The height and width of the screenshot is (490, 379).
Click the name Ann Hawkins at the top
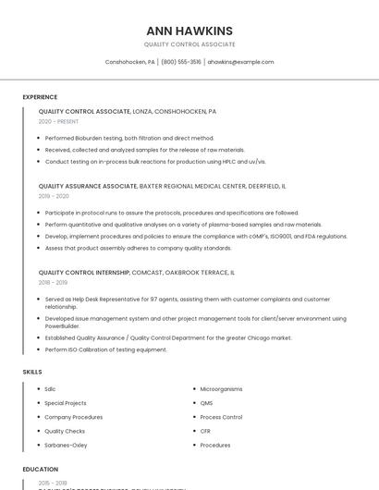pos(189,31)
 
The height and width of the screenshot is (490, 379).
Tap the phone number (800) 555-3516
pos(181,62)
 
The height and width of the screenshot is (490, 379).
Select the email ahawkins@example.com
pos(240,62)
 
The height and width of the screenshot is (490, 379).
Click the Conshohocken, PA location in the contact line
pos(131,62)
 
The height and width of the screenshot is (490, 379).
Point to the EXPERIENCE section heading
pos(40,97)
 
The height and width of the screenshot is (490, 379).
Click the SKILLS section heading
pos(32,372)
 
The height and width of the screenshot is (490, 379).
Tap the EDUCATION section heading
pos(41,470)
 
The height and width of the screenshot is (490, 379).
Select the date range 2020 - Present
pos(58,121)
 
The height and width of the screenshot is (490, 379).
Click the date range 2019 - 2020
pos(54,196)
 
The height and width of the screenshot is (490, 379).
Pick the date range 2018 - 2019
pos(54,283)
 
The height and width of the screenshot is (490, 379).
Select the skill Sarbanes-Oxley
pos(66,445)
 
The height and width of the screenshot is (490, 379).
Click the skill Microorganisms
pos(221,389)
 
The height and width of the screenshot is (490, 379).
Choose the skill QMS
pos(206,403)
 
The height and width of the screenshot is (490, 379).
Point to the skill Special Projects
pos(66,403)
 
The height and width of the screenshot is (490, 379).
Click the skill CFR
pos(206,431)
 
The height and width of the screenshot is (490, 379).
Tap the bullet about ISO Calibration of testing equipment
pos(105,349)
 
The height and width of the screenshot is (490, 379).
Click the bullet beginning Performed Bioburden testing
pos(116,138)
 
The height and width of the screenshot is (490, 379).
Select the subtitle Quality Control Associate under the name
pos(189,44)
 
